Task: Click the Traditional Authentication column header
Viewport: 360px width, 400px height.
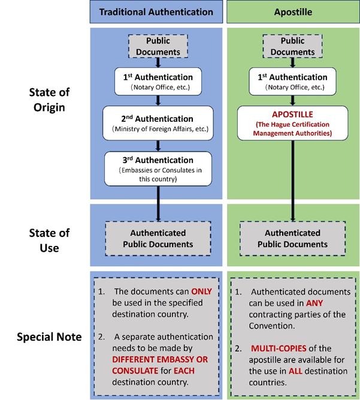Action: click(x=156, y=11)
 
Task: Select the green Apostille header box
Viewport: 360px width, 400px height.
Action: click(x=293, y=11)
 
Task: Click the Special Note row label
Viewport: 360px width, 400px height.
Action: click(x=50, y=336)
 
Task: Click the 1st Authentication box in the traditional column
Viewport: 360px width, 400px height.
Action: click(x=158, y=82)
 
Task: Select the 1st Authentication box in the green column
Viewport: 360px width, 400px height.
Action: click(x=293, y=82)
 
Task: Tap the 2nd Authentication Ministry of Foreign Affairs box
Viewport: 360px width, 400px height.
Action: click(x=158, y=123)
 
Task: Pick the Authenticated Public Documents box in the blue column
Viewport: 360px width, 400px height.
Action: click(x=158, y=239)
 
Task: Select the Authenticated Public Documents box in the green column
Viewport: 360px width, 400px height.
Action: click(x=293, y=239)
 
